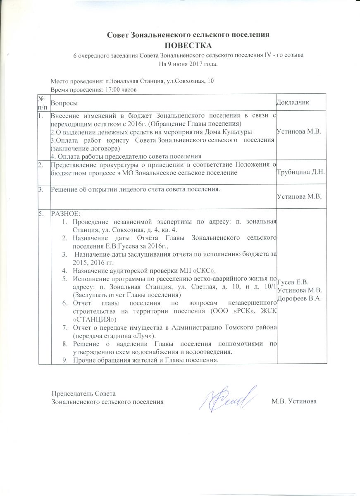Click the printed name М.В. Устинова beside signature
tap(294, 401)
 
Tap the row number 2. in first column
tap(41, 165)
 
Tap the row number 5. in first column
tap(41, 214)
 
